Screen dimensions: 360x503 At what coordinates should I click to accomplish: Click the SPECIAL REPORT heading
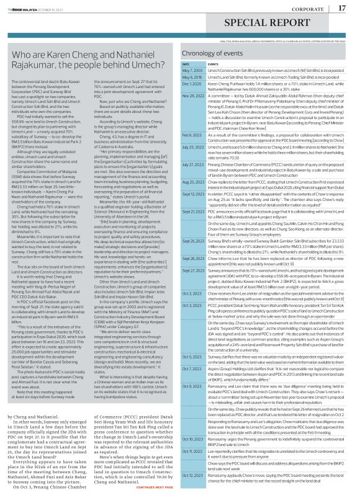[x=179, y=27]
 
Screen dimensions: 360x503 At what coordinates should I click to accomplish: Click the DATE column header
[x=185, y=64]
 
